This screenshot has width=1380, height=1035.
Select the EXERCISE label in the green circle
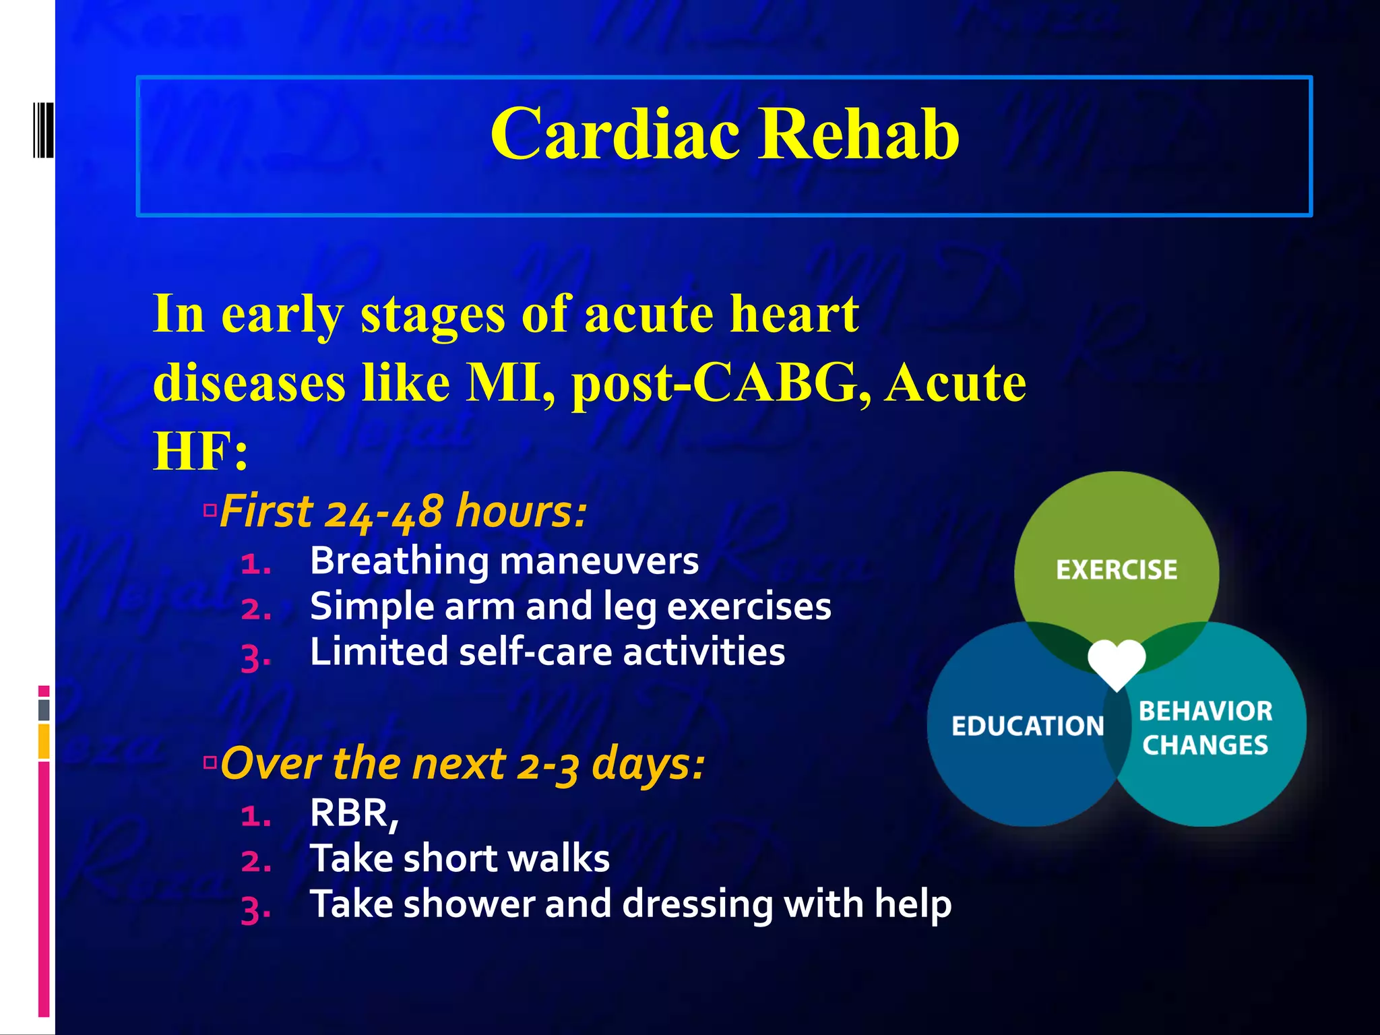tap(1117, 570)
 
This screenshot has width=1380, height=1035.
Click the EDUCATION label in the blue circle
tap(1028, 726)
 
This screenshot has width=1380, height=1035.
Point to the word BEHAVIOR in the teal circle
tap(1205, 712)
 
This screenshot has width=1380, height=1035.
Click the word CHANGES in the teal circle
tap(1205, 745)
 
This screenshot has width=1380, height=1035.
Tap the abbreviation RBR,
tap(354, 813)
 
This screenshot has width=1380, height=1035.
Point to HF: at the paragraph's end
tap(201, 452)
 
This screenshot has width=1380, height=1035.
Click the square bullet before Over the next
tap(211, 763)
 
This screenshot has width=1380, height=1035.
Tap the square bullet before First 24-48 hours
tap(210, 510)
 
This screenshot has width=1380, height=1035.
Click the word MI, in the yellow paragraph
tap(511, 383)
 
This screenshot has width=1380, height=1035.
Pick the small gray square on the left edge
tap(44, 710)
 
